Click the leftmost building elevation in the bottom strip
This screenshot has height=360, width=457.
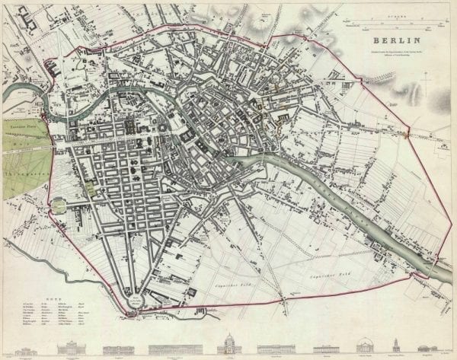[x=15, y=349]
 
